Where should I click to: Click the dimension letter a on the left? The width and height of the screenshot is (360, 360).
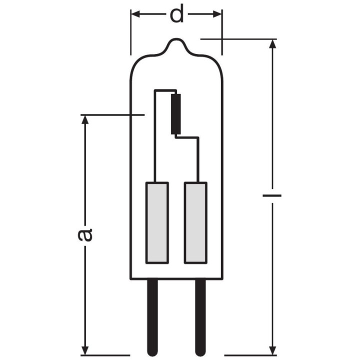pyautogui.click(x=85, y=234)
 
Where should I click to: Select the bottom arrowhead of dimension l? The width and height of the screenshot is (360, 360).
pyautogui.click(x=272, y=349)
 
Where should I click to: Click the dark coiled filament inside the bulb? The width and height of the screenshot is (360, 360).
pyautogui.click(x=175, y=113)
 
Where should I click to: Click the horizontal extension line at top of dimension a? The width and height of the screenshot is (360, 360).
pyautogui.click(x=112, y=115)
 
